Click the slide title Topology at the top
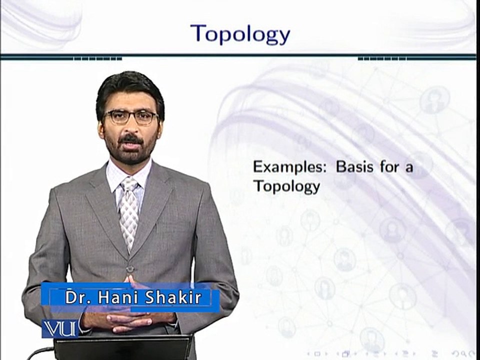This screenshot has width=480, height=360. coord(240,34)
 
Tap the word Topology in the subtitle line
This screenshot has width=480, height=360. coord(286,186)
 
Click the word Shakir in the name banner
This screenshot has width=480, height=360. coord(173,297)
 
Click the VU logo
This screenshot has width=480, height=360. coord(59,329)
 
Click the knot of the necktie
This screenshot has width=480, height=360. coord(129,184)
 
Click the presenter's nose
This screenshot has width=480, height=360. coord(130,128)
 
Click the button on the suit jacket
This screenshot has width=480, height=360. coord(130,269)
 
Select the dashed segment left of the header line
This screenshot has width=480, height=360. coord(97,59)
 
